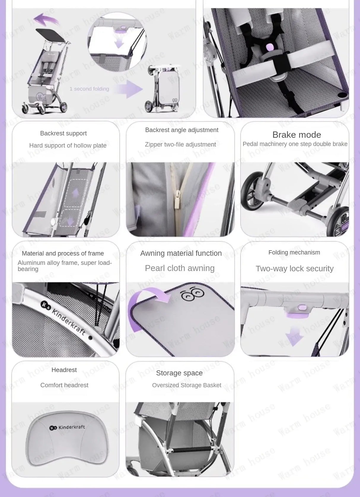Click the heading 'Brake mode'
point(297,135)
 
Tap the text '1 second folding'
point(89,89)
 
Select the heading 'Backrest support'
point(63,133)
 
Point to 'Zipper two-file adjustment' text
point(180,144)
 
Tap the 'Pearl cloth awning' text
point(180,268)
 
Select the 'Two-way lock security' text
point(294,268)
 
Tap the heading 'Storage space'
point(179,373)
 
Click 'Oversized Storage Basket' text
point(187,385)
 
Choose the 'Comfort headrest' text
point(64,385)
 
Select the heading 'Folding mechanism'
point(294,252)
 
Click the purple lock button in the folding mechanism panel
point(302,307)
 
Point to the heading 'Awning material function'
point(181,253)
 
